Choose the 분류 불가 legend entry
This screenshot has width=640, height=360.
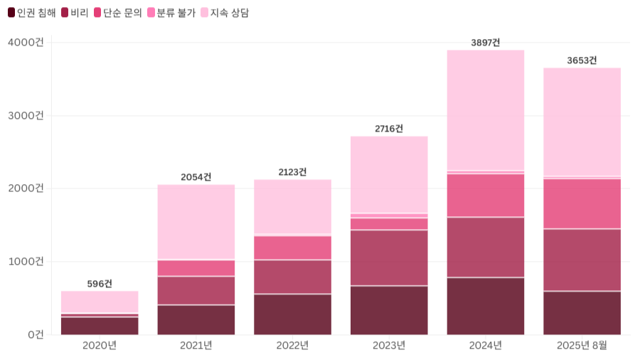pos(171,13)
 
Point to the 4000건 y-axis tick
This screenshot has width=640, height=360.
pos(26,43)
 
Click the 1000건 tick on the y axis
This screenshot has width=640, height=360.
pos(26,261)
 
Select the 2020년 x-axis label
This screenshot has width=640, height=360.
pos(100,346)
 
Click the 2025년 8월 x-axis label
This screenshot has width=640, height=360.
pos(582,346)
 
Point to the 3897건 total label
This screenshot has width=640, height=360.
pos(486,43)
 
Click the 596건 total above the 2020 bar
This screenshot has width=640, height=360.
pos(100,284)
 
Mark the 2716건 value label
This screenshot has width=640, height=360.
pos(389,129)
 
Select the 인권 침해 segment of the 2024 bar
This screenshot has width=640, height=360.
pos(486,306)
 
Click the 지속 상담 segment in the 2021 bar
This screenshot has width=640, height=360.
pos(196,221)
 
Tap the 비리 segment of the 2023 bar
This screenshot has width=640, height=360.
pos(389,258)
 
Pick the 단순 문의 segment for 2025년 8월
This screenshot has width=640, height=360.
pos(582,203)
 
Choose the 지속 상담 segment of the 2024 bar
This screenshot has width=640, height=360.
pos(486,110)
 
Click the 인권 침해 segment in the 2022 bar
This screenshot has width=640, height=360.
pos(292,314)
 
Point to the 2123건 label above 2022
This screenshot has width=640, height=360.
pos(292,172)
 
